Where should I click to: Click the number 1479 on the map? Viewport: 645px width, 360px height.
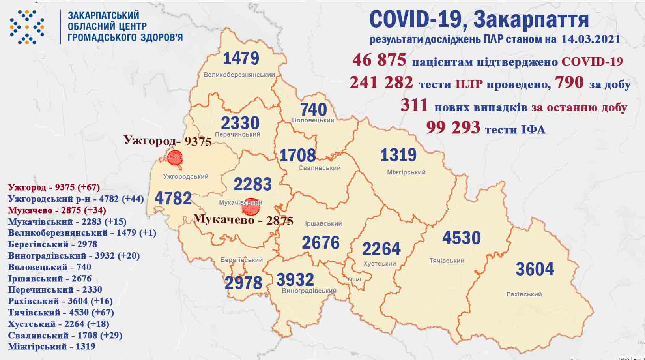[x=241, y=58]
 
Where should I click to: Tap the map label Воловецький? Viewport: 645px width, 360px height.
[x=313, y=120]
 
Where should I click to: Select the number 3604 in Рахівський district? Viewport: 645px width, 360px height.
[x=535, y=269]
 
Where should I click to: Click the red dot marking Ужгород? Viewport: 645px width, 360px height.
[x=175, y=157]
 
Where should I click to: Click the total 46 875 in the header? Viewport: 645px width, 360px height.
[x=379, y=60]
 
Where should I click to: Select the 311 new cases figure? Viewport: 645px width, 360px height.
[x=414, y=105]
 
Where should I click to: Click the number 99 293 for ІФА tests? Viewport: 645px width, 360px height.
[x=453, y=127]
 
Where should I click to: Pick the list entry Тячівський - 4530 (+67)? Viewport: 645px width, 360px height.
[x=61, y=313]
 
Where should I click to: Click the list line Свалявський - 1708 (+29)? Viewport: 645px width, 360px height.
[x=65, y=336]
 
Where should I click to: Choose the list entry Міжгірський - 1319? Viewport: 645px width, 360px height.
[x=52, y=347]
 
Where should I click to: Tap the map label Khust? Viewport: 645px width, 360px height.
[x=354, y=279]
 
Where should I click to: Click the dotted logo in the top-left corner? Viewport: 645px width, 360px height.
[x=27, y=27]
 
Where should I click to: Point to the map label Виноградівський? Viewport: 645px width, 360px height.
[x=309, y=291]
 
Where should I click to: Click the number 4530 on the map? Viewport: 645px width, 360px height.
[x=461, y=238]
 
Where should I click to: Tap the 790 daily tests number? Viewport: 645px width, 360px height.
[x=569, y=82]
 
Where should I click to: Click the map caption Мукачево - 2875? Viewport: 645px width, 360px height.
[x=243, y=219]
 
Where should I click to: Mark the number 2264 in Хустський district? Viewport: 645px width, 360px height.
[x=381, y=249]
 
